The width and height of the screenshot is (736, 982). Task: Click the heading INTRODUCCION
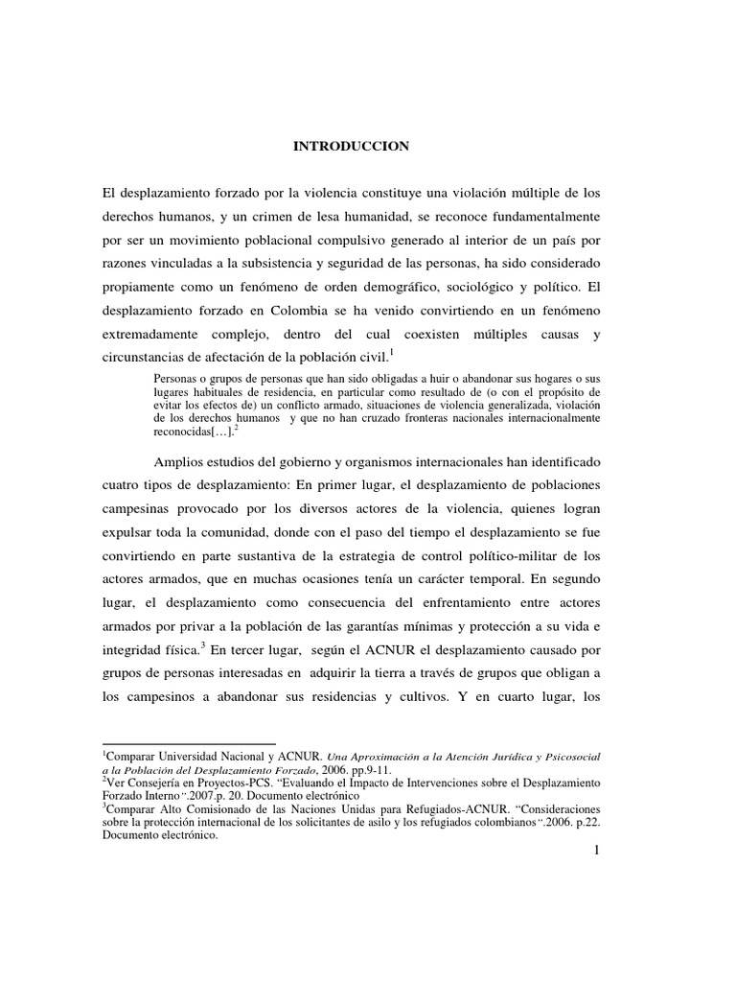click(351, 146)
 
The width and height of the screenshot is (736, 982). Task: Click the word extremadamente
click(151, 336)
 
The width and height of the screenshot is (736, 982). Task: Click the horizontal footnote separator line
click(188, 743)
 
